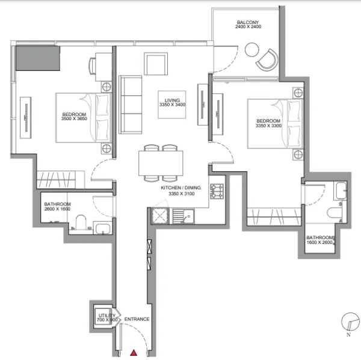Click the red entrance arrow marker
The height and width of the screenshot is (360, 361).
click(x=134, y=353)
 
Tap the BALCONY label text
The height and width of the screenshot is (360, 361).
click(x=248, y=22)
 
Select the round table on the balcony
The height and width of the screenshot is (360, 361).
click(x=252, y=50)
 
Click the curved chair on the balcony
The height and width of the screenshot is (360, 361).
click(x=268, y=59)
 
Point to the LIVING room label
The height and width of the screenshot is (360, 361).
click(x=172, y=100)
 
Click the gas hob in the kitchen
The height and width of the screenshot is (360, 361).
click(x=217, y=191)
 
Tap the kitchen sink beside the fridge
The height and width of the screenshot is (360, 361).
click(x=184, y=216)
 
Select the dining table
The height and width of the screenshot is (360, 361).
click(x=161, y=163)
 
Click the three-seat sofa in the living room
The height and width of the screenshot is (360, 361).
click(x=131, y=105)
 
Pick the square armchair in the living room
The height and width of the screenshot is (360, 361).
click(x=156, y=64)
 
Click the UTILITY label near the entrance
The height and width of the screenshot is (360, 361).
click(x=107, y=316)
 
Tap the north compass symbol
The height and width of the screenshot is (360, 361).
click(x=350, y=322)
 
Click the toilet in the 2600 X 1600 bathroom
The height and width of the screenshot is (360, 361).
click(x=81, y=222)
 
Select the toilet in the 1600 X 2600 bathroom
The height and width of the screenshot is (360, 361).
click(x=335, y=213)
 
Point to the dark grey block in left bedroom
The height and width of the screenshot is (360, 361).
click(x=38, y=58)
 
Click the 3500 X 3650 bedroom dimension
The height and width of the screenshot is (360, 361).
click(x=74, y=118)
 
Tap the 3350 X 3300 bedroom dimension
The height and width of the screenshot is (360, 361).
click(x=268, y=126)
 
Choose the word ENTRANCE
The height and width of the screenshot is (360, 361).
click(x=137, y=319)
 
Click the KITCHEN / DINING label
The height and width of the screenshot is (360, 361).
click(x=180, y=188)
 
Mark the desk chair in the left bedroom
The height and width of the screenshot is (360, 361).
click(x=92, y=66)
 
